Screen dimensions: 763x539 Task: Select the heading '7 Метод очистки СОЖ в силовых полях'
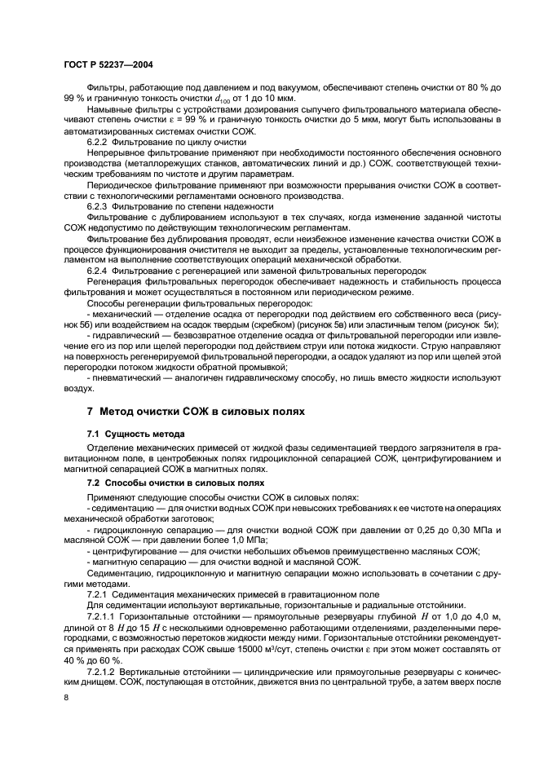point(196,412)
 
